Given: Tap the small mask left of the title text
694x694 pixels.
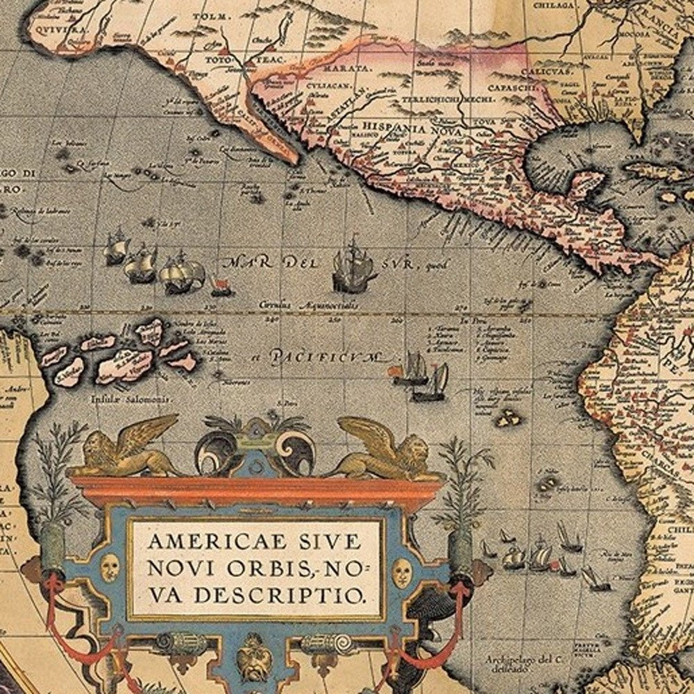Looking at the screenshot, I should point(110,568).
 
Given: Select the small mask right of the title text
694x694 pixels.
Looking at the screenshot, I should point(402,572).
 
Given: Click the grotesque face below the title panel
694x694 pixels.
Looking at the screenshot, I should point(254,656).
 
